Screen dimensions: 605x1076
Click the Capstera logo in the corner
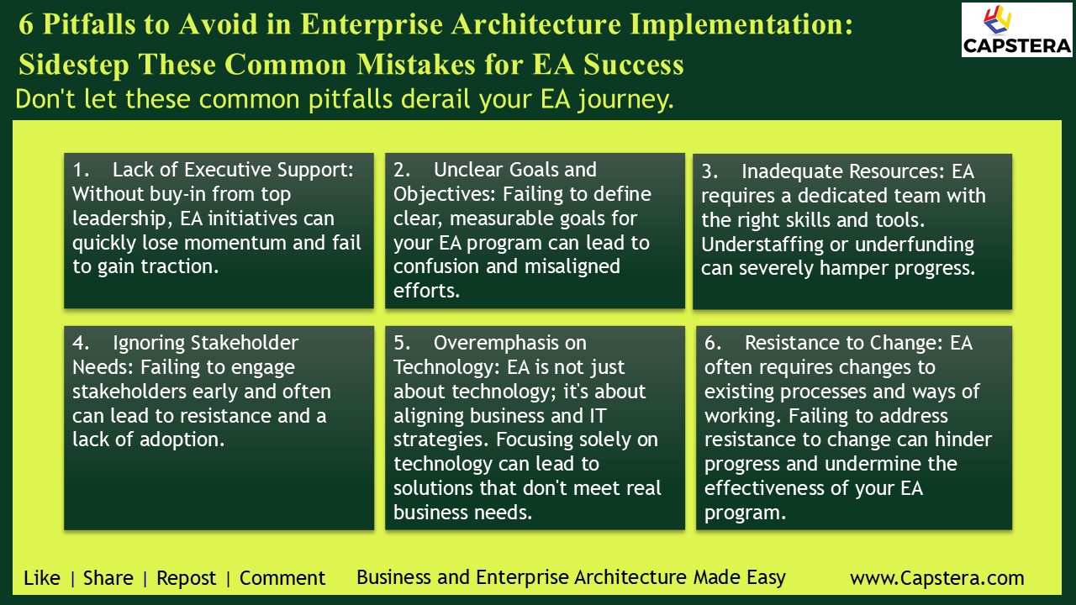tap(1016, 29)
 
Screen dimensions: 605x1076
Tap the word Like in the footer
tap(42, 578)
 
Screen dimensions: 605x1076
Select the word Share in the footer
tap(108, 578)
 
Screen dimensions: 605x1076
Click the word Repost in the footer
tap(187, 578)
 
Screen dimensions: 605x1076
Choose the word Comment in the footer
tap(282, 578)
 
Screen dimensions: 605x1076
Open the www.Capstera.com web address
tap(937, 578)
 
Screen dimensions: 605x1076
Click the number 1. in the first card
tap(81, 170)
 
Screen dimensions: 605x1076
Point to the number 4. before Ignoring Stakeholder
tap(81, 343)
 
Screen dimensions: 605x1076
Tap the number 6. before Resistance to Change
tap(713, 343)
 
